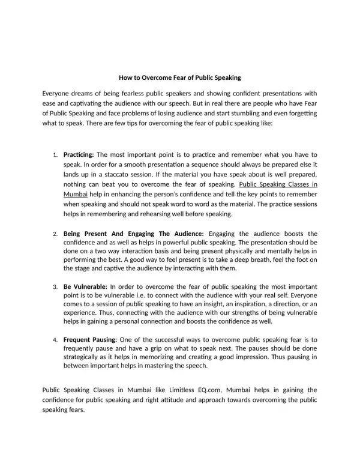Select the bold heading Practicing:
[x=79, y=154]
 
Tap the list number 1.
[x=55, y=155]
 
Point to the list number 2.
[x=55, y=234]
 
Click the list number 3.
[x=55, y=287]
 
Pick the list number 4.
[x=55, y=340]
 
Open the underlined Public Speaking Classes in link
[x=278, y=185]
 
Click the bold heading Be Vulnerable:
[x=85, y=286]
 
